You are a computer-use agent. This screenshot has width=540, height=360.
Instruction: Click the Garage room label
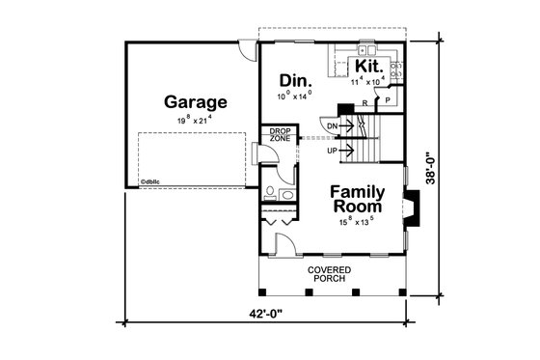coord(195,101)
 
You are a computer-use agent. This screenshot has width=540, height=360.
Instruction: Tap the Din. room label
coord(293,79)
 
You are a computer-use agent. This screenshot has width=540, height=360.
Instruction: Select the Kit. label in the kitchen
coord(367,65)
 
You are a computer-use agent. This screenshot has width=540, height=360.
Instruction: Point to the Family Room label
coord(357,199)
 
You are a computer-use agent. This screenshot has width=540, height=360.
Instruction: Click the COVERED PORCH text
coord(330,274)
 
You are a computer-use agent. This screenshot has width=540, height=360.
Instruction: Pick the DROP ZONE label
coord(280,135)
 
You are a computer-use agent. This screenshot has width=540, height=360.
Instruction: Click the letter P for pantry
coord(388,99)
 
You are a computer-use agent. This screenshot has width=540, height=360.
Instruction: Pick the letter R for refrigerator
coord(364,100)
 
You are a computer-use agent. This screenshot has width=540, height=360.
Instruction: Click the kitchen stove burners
coord(396,69)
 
